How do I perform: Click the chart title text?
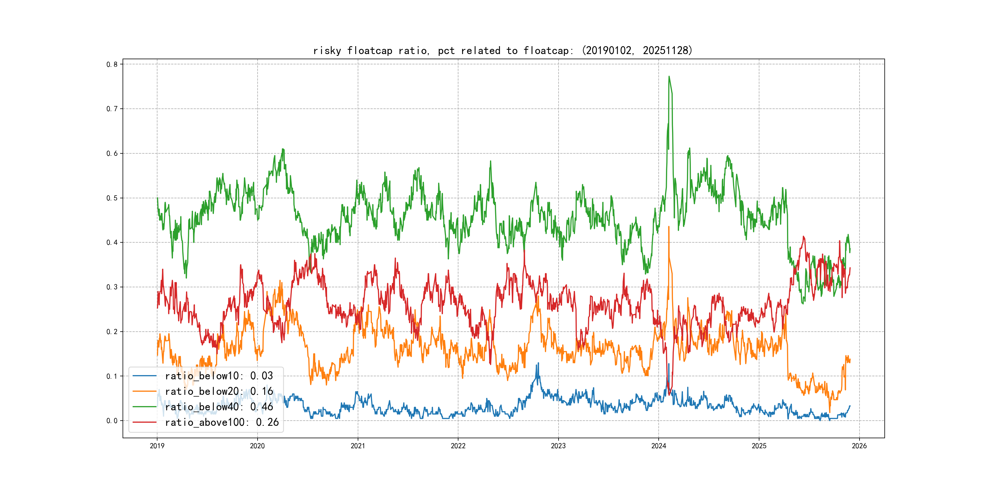click(x=502, y=50)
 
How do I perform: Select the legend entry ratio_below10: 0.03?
click(x=219, y=376)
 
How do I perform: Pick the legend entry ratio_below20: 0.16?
click(x=219, y=391)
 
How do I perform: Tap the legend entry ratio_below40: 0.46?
click(x=219, y=407)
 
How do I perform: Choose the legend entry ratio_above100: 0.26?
click(x=222, y=422)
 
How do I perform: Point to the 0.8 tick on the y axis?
click(x=112, y=64)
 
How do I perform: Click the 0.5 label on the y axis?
click(x=112, y=198)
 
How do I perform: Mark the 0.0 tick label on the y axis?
click(x=112, y=421)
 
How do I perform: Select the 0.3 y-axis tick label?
click(x=112, y=287)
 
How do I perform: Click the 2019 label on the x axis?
click(x=157, y=446)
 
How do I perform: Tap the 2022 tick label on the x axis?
click(x=458, y=446)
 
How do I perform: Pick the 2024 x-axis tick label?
click(x=659, y=446)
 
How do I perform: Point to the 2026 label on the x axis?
click(x=859, y=446)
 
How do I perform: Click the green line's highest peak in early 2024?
click(x=669, y=77)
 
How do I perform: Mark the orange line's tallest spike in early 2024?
click(x=669, y=227)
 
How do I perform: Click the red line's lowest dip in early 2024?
click(x=669, y=395)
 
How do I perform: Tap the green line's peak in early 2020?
click(x=283, y=149)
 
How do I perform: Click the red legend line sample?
click(x=144, y=422)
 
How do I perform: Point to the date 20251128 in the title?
click(x=666, y=50)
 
